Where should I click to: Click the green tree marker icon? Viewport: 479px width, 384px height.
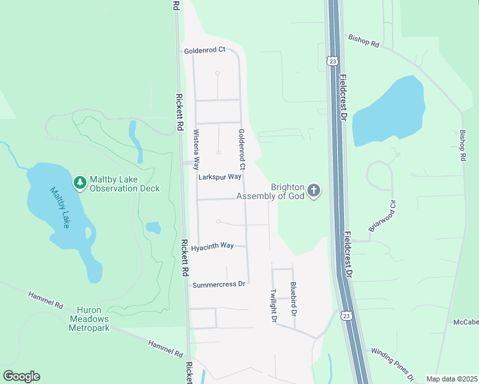pos(80,183)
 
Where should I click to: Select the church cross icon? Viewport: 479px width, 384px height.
pos(314,191)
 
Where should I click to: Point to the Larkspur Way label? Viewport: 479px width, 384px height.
pos(219,176)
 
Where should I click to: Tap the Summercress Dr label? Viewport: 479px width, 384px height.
pos(219,284)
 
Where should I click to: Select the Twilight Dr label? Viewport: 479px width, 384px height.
pos(273,305)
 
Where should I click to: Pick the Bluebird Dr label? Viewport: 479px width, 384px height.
pos(293,300)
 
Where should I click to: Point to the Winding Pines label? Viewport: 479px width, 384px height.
pos(393,363)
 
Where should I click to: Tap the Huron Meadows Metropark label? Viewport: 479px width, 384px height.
pos(89,319)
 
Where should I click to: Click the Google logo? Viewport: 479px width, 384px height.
pos(21,376)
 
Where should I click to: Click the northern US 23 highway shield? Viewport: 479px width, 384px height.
pos(332,61)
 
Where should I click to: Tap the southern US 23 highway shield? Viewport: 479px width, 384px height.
pos(346,316)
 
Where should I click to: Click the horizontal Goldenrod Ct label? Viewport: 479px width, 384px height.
pos(205,50)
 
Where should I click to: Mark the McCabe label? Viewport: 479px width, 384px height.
pos(466,321)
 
